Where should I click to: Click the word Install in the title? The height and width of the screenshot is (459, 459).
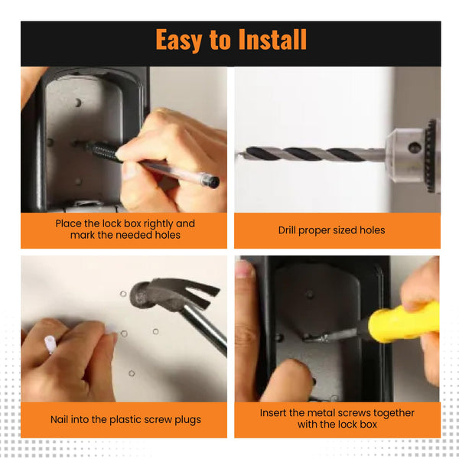coord(272,39)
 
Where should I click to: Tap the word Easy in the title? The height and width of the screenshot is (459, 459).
coord(178,40)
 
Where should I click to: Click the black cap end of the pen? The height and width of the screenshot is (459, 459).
coord(212,181)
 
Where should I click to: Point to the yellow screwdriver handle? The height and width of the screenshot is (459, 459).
coord(404,322)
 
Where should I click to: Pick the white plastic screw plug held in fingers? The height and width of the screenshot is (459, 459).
coord(50,344)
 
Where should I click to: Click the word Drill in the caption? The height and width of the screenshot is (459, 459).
coord(287,230)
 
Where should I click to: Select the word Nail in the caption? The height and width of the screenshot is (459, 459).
coord(60,419)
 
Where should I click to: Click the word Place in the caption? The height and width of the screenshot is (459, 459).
coord(69,223)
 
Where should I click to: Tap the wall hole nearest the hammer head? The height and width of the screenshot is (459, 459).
coord(123,294)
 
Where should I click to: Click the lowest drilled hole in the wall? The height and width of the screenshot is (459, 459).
coord(132,373)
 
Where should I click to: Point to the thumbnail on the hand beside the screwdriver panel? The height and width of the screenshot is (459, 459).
coord(245,269)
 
